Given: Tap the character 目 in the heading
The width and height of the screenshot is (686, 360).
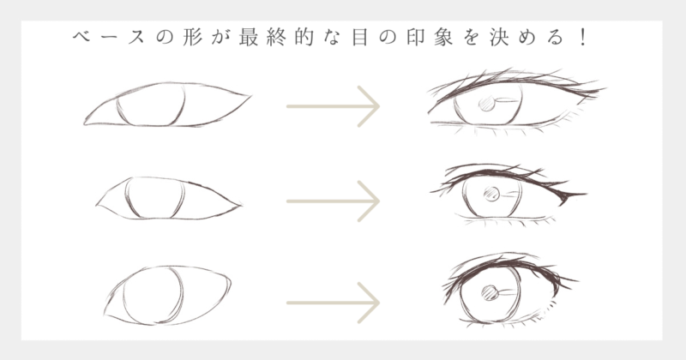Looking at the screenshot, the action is (x=359, y=38).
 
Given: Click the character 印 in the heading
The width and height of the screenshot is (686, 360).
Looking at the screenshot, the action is (x=415, y=38).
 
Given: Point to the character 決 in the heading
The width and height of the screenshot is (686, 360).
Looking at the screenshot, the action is (x=499, y=38).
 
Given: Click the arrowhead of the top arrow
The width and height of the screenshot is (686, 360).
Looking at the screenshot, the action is (x=370, y=106).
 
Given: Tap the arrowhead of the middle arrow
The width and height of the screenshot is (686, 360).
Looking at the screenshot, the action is (x=370, y=201).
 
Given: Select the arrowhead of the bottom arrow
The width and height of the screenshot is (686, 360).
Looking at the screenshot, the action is (x=370, y=303).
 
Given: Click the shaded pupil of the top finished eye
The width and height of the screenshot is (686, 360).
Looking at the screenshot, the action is (x=486, y=104).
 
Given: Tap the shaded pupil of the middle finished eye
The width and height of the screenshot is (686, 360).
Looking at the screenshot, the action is (x=491, y=194).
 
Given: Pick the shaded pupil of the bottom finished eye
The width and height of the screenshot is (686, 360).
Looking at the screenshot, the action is (x=490, y=292).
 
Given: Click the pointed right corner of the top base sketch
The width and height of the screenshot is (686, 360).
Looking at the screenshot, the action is (x=250, y=96).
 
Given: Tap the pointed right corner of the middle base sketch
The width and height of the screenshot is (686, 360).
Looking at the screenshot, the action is (x=240, y=205).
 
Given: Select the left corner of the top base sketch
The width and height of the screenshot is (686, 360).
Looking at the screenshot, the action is (x=85, y=123).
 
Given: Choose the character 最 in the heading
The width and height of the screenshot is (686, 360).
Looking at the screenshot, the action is (x=249, y=38).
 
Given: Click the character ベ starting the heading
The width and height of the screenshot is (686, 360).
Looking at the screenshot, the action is (x=81, y=38).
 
